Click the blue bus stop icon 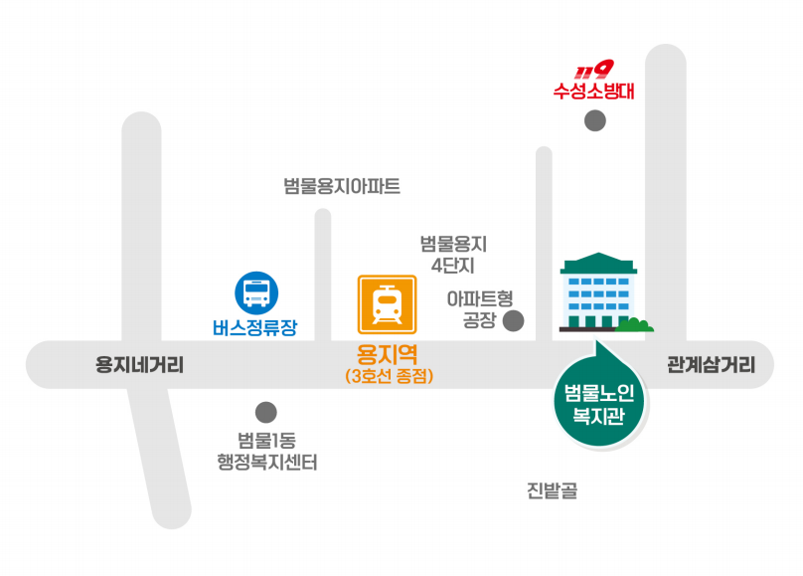(256, 293)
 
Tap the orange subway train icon (388, 304)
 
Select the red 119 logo (593, 70)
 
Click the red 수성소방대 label (593, 91)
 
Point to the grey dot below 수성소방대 (595, 121)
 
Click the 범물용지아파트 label (342, 185)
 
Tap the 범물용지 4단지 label (453, 255)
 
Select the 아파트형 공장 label (480, 309)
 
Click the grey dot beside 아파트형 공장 (514, 320)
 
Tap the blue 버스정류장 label (255, 328)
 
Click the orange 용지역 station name (388, 354)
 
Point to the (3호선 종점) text (390, 376)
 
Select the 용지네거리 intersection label (139, 365)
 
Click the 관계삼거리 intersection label (712, 365)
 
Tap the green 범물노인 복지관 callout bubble (599, 402)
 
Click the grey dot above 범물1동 (265, 412)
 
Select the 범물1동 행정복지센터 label (266, 452)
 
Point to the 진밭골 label (553, 490)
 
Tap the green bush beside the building (634, 325)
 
